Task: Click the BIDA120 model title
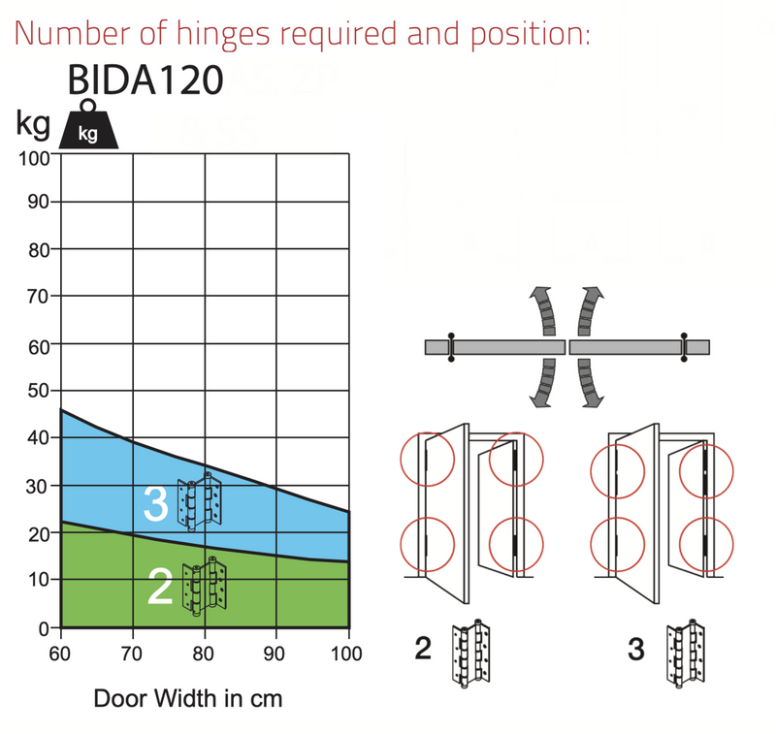tap(145, 80)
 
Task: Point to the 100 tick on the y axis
tap(34, 159)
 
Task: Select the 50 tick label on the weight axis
tap(38, 391)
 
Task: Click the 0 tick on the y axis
tap(44, 628)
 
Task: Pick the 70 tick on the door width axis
tap(132, 654)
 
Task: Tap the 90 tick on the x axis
tap(274, 654)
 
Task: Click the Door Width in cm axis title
tap(188, 698)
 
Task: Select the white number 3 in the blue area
tap(156, 503)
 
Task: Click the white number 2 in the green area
tap(160, 586)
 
